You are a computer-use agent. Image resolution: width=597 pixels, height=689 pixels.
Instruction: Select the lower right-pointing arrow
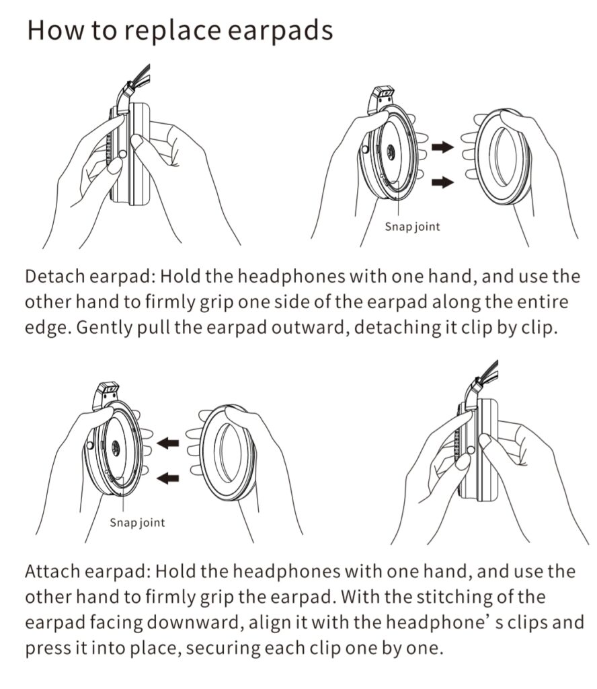click(442, 180)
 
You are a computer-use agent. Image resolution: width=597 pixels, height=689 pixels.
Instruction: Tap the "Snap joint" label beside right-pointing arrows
click(412, 227)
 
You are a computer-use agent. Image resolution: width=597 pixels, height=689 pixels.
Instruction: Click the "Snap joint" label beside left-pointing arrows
click(137, 522)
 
